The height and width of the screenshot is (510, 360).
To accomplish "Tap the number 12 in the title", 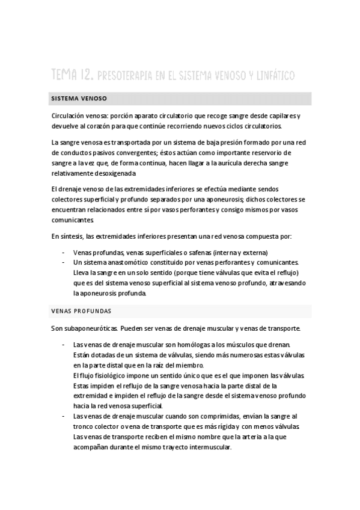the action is [x=86, y=76].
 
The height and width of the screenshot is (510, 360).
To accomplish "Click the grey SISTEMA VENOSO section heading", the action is [x=79, y=98].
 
